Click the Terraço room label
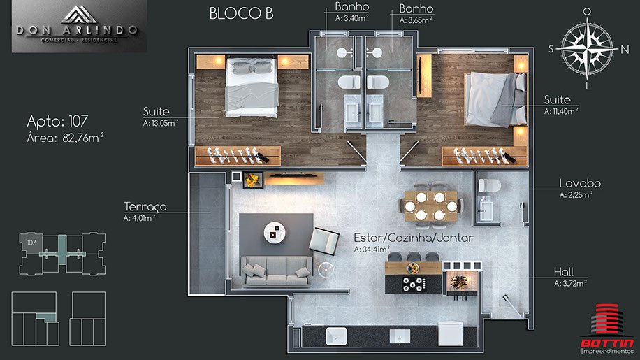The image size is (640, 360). (145, 206)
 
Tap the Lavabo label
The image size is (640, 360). (580, 184)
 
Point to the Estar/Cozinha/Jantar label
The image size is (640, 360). (414, 238)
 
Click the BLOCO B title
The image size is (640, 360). (241, 13)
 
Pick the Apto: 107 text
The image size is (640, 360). (57, 121)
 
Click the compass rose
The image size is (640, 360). (587, 48)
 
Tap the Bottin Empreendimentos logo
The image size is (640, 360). (607, 329)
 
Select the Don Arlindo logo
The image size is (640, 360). (79, 27)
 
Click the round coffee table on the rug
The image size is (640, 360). (275, 232)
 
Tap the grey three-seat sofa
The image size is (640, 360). (276, 271)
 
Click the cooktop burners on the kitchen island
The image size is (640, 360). (414, 284)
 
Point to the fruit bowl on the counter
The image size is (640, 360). (414, 268)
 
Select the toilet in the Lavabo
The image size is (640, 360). (489, 186)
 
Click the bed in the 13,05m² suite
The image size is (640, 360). (252, 87)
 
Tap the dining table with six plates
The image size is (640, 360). (431, 206)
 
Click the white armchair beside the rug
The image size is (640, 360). (323, 242)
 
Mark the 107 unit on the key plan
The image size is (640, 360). (31, 243)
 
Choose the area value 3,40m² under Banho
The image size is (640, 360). (352, 18)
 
